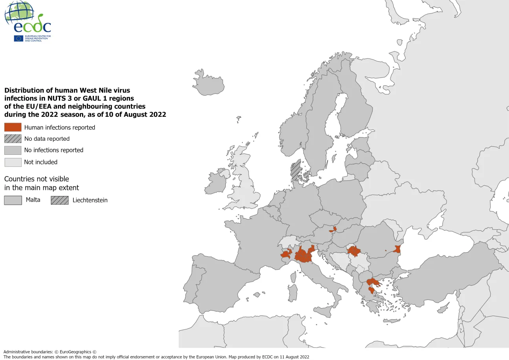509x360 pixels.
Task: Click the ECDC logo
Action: [x=27, y=22]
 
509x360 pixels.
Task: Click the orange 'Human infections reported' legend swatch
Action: [x=13, y=127]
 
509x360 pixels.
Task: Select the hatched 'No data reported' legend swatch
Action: [x=13, y=139]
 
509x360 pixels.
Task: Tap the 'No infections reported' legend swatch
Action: [x=13, y=150]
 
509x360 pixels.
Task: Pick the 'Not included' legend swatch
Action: [x=13, y=162]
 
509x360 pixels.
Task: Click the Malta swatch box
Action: [x=13, y=200]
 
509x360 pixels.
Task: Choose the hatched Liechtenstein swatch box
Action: [x=59, y=200]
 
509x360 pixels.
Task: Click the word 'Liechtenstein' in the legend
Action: [x=90, y=200]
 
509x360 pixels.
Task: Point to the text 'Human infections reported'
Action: [x=60, y=127]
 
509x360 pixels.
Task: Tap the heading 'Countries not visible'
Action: [x=37, y=179]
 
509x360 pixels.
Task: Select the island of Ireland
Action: [x=217, y=181]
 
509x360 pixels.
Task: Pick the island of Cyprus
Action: [x=443, y=309]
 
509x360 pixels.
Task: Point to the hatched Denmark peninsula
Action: [x=295, y=170]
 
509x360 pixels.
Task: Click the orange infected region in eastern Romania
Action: [x=397, y=249]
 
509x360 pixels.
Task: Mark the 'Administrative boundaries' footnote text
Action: [x=50, y=352]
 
